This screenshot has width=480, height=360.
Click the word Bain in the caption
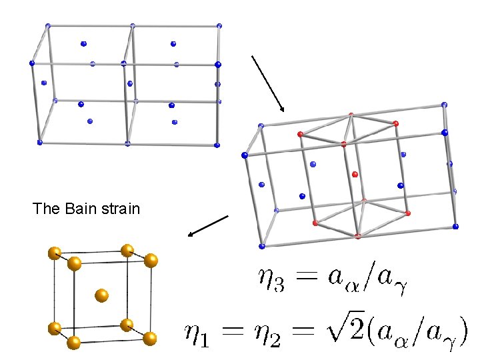[81, 209]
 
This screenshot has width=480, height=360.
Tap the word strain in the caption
[121, 209]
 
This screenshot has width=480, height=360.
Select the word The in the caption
[47, 209]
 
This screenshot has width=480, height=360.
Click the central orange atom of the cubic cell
[102, 295]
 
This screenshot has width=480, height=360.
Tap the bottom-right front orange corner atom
[150, 339]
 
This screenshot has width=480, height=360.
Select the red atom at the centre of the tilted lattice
[355, 175]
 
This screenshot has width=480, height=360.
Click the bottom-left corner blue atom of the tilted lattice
[261, 246]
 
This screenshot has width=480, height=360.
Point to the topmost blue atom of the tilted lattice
[444, 105]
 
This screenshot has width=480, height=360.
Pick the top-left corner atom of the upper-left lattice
[47, 26]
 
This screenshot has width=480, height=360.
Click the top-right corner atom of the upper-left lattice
[219, 25]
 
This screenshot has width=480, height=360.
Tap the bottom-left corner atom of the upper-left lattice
[40, 142]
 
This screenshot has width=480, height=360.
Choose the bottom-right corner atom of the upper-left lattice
[217, 145]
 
